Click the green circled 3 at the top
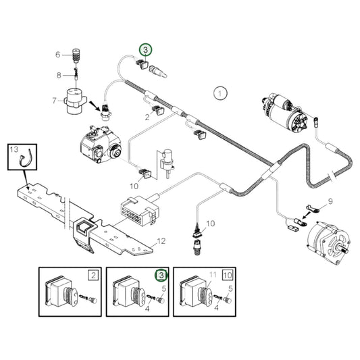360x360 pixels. tap(147, 49)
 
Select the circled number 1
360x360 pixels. tap(219, 94)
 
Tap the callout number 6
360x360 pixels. tap(57, 55)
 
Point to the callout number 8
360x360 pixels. tap(59, 75)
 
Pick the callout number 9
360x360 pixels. tap(330, 201)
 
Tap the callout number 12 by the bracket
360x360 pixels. tap(161, 240)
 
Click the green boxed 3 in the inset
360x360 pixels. tap(161, 276)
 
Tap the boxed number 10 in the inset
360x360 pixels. tap(228, 276)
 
